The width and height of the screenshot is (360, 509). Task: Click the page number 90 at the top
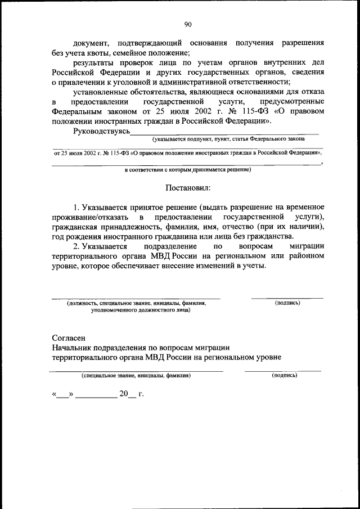pyautogui.click(x=188, y=24)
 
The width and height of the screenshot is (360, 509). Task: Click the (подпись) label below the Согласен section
pyautogui.click(x=284, y=375)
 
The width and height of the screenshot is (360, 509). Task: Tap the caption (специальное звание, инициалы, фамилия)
pyautogui.click(x=136, y=375)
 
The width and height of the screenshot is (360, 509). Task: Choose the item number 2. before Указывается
pyautogui.click(x=77, y=246)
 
